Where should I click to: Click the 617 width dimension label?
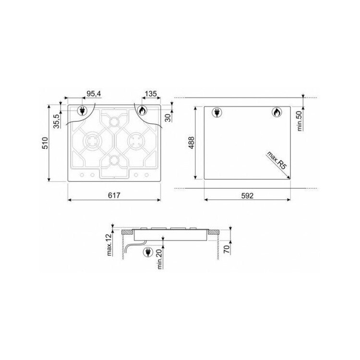114,195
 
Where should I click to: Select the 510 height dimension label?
45,143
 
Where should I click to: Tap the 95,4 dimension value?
94,94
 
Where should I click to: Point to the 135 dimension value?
151,94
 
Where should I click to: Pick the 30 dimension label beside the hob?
168,118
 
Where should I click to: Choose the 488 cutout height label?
191,143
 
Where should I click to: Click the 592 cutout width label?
247,196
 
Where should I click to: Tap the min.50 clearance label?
300,122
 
